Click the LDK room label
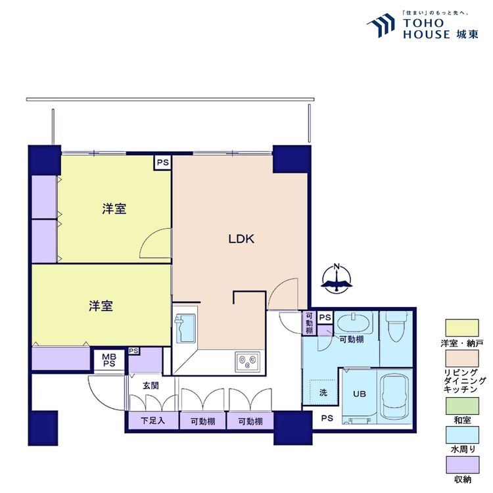coord(241,239)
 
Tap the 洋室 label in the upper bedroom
coord(114,209)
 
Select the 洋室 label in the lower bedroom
coord(101,306)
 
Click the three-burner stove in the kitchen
coord(248,361)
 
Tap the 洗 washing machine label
coord(323,394)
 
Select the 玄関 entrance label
coord(151,386)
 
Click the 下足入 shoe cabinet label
coord(151,421)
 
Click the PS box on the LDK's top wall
coord(162,162)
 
